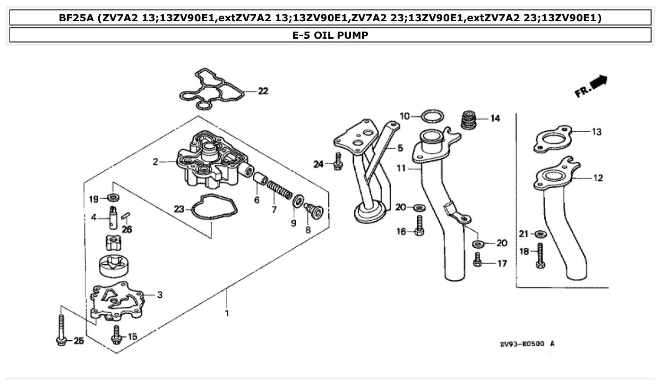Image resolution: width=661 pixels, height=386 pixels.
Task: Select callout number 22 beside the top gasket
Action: pos(263,91)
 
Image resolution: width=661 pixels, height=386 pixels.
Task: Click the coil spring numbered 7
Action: pos(280,191)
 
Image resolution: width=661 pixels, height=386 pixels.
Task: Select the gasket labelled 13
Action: pos(553,140)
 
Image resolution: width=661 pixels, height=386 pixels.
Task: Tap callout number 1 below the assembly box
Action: pos(226,313)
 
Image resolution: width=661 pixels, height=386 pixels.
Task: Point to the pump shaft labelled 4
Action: pos(113,217)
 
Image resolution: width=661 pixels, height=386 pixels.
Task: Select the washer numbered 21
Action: pos(539,234)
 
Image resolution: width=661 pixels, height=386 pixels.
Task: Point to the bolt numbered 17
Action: pos(477,260)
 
